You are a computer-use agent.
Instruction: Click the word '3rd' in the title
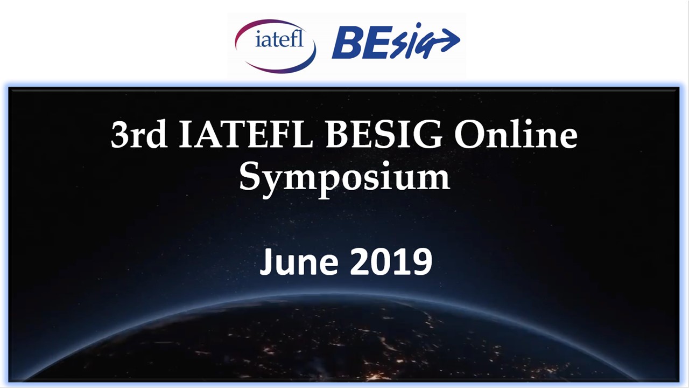tap(139, 134)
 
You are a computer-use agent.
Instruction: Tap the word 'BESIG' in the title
tap(384, 134)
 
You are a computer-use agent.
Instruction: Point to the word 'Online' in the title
tap(516, 134)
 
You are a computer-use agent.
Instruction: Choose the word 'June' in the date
tap(298, 261)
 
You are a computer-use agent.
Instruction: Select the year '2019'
tap(391, 261)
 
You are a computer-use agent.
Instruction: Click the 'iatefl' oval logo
tap(275, 46)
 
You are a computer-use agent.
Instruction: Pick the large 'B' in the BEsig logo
tap(347, 42)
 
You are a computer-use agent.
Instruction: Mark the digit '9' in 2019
tap(421, 261)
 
